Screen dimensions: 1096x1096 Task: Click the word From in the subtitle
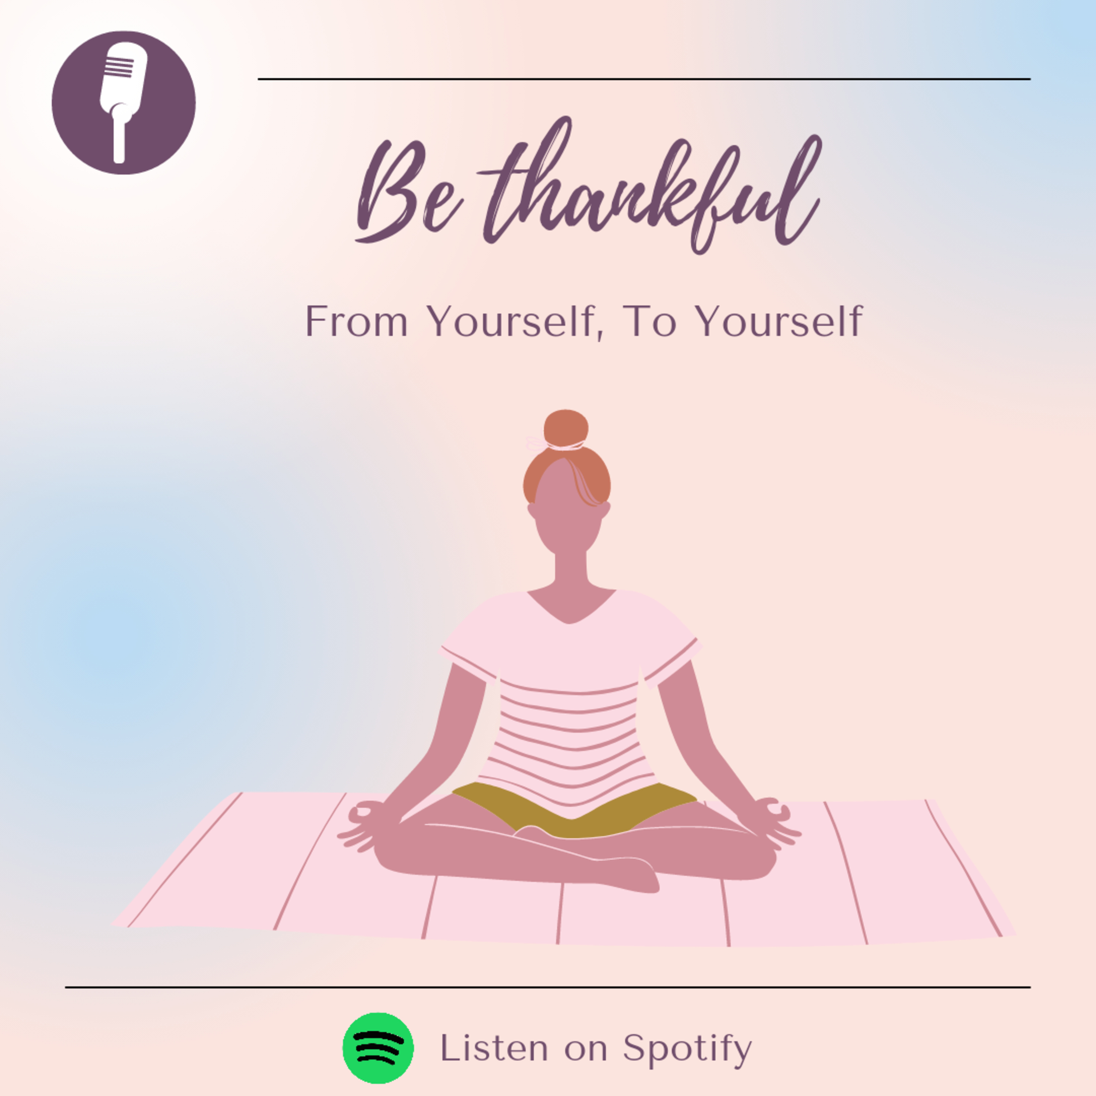click(356, 321)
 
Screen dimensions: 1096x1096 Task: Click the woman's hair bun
click(566, 429)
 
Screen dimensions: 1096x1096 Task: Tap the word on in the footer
click(585, 1050)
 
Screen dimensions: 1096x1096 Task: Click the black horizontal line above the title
click(644, 79)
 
